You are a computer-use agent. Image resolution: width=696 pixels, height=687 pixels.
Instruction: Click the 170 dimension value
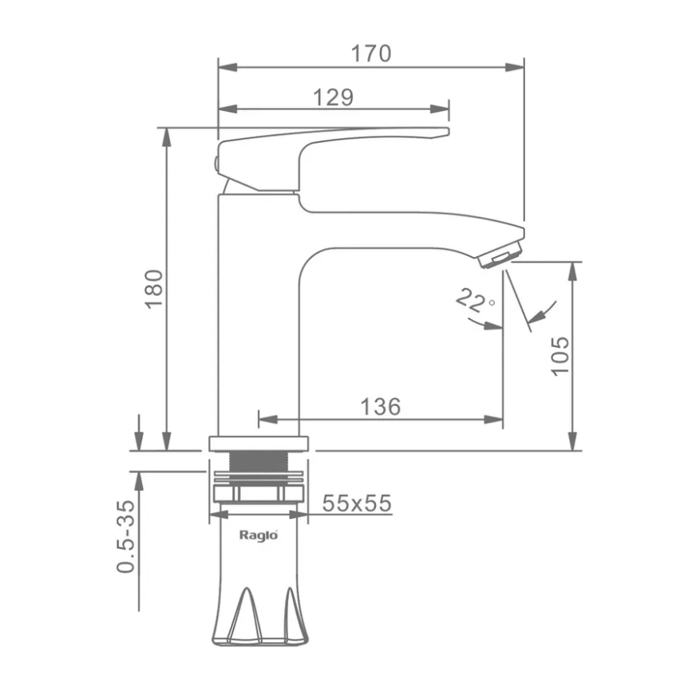coord(371,53)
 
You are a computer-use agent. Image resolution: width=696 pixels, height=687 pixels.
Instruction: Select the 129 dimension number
coord(334,97)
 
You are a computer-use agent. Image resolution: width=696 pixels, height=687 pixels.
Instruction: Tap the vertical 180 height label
coord(154,289)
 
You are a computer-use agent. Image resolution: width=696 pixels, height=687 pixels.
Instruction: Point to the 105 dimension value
coord(560,356)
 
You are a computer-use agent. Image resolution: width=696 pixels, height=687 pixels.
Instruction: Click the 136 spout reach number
coord(381,406)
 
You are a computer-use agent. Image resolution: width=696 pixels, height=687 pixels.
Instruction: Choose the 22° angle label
coord(474,301)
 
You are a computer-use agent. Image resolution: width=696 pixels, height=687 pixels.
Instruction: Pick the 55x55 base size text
coord(357,503)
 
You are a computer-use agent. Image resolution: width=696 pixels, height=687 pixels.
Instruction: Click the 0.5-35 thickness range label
coord(125,536)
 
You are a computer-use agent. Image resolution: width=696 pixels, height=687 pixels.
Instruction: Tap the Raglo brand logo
coord(259,535)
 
